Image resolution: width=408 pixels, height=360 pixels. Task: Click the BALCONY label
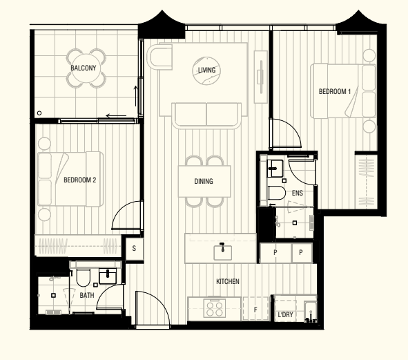pyautogui.click(x=84, y=68)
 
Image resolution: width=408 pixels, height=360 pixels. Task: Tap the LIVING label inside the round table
pyautogui.click(x=206, y=70)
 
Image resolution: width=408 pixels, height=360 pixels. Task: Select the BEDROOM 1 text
pyautogui.click(x=335, y=91)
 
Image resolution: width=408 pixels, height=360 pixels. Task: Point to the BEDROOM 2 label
pyautogui.click(x=80, y=180)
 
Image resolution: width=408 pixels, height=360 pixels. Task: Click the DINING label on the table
pyautogui.click(x=204, y=181)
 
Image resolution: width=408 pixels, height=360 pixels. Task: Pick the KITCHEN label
pyautogui.click(x=228, y=281)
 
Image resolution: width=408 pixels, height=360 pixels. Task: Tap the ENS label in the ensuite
pyautogui.click(x=298, y=193)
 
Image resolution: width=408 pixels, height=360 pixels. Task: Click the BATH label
pyautogui.click(x=87, y=296)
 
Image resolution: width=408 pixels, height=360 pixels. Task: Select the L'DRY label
pyautogui.click(x=285, y=314)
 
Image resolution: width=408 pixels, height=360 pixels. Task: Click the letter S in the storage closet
pyautogui.click(x=134, y=248)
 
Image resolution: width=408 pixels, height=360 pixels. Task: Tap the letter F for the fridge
pyautogui.click(x=255, y=310)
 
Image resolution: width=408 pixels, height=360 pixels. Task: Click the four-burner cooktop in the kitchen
pyautogui.click(x=215, y=308)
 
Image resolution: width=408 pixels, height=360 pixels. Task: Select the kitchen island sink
pyautogui.click(x=222, y=252)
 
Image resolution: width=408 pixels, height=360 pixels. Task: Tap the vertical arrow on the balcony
pyautogui.click(x=135, y=96)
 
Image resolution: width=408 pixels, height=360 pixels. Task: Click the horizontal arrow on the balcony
pyautogui.click(x=116, y=115)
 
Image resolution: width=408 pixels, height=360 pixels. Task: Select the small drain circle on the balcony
pyautogui.click(x=39, y=113)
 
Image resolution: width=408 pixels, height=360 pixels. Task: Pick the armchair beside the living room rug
pyautogui.click(x=159, y=57)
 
